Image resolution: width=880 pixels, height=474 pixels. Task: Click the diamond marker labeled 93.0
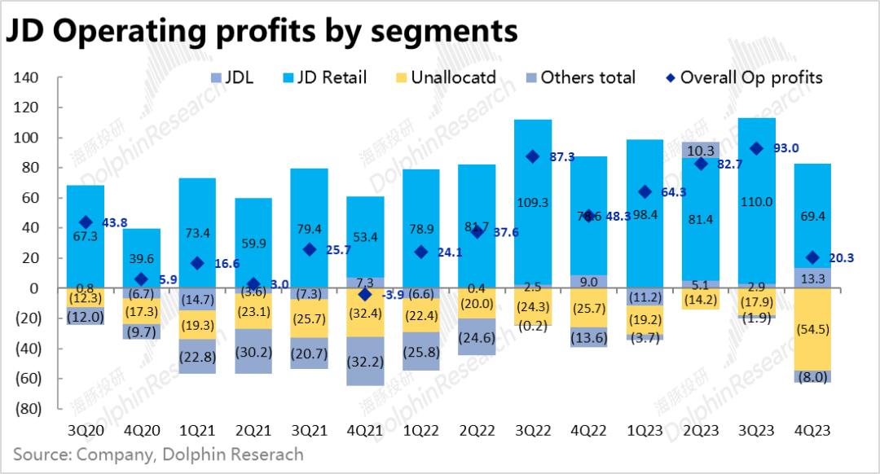[755, 148]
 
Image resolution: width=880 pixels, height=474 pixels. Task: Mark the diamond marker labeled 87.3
[531, 157]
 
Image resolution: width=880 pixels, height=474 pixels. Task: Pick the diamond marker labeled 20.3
[811, 258]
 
